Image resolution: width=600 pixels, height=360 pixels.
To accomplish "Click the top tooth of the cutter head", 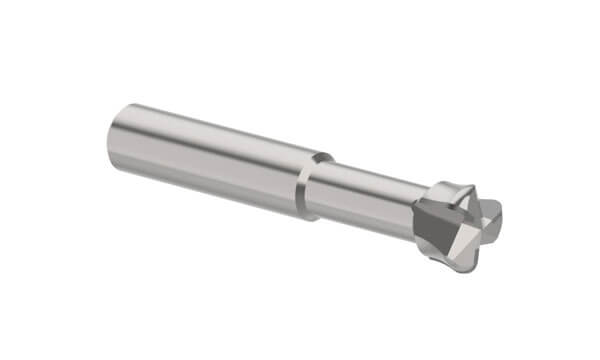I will click(455, 188).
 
